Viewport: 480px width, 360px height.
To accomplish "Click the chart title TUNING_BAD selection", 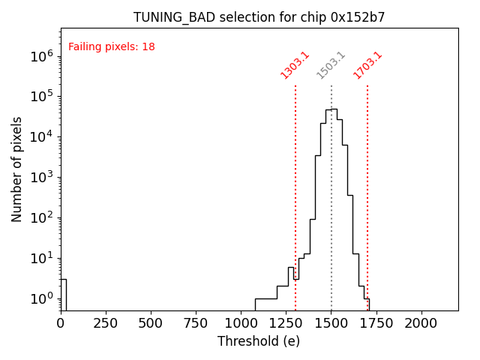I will point(259,17).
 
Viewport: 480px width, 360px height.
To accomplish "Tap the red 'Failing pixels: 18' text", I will point(112,47).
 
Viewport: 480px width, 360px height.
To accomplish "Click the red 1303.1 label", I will point(295,65).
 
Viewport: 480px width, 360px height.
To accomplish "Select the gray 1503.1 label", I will point(331,65).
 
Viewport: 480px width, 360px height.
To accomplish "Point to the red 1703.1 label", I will point(367,65).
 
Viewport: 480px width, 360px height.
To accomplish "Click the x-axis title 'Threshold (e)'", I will point(259,341).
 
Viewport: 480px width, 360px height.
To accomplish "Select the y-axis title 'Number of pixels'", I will point(17,169).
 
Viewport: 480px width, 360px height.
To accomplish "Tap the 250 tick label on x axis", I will point(106,323).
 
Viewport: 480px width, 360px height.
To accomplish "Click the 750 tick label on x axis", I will point(196,323).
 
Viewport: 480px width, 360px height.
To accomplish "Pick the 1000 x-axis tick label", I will point(241,323).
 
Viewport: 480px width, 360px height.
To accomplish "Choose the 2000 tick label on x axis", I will point(421,323).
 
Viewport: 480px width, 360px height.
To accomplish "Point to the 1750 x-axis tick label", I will point(376,323).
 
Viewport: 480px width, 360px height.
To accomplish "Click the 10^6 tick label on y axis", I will point(41,55).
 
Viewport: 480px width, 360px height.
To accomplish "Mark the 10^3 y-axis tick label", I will point(41,177).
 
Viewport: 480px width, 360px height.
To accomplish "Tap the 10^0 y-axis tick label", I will point(41,298).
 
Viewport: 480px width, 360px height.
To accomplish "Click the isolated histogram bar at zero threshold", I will point(64,294).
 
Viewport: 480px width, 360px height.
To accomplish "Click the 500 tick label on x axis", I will point(151,323).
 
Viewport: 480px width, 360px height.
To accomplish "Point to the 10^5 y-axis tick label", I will point(41,96).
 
